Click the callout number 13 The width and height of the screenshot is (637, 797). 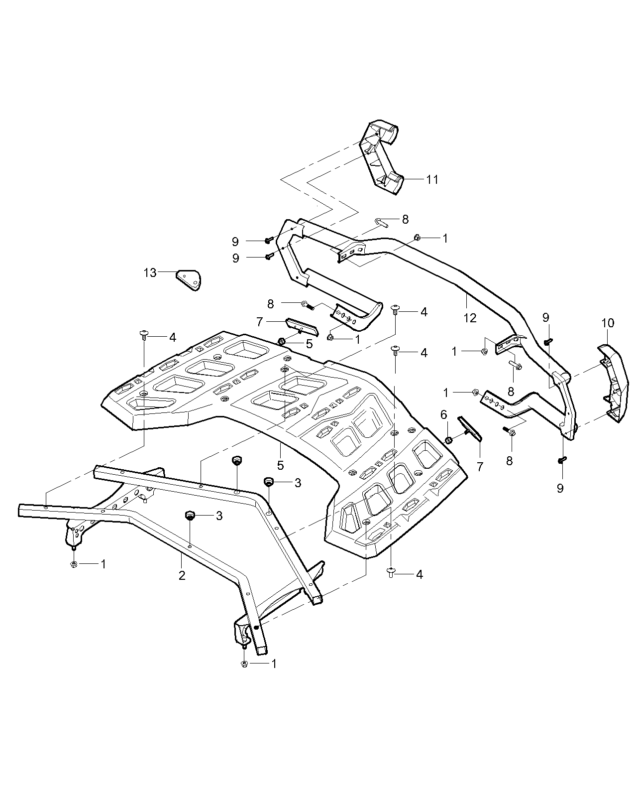150,272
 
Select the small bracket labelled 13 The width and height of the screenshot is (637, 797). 189,279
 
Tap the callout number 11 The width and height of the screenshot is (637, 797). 432,179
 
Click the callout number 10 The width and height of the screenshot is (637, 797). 608,323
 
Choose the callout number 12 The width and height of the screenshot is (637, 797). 470,317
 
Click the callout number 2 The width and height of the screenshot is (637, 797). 182,575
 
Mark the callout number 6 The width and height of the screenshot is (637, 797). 444,414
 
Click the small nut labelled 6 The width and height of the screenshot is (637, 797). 448,440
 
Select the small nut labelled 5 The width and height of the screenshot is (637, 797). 281,341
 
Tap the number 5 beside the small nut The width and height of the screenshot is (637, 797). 309,343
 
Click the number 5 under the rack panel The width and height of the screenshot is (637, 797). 281,465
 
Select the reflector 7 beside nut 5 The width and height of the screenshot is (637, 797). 302,326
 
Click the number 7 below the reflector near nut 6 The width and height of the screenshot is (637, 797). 481,466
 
